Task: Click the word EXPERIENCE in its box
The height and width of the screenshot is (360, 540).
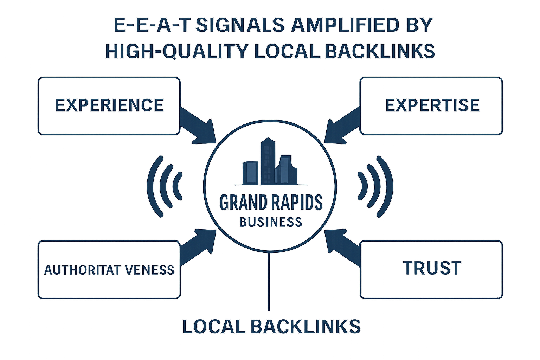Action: click(109, 105)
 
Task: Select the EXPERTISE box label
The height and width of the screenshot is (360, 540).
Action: click(432, 105)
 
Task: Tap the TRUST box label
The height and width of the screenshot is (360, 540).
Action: click(432, 268)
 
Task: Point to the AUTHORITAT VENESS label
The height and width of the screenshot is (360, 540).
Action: click(109, 270)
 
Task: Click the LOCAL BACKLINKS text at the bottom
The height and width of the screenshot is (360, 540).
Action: click(271, 326)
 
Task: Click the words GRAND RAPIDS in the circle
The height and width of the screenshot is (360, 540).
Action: click(271, 202)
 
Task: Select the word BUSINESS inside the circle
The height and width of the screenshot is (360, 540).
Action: click(271, 222)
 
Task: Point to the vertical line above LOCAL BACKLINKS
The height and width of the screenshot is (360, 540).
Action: click(269, 281)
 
